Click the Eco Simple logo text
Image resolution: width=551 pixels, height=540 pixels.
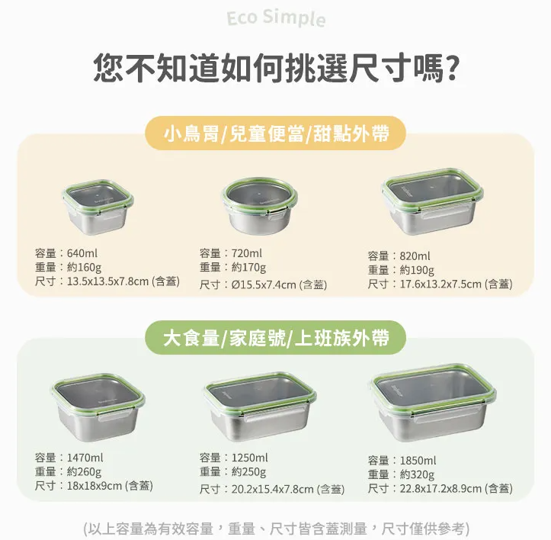coord(276,18)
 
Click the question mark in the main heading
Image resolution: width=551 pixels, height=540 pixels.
coord(450,68)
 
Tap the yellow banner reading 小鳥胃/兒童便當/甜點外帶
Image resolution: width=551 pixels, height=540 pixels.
coord(276,133)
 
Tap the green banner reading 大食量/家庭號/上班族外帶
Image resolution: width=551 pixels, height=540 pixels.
coord(276,338)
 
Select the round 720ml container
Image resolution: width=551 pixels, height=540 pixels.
coord(260,205)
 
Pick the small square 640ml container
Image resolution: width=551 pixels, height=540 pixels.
coord(98,207)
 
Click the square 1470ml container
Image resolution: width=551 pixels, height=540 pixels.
coord(98,407)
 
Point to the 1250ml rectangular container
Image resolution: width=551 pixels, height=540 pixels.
coord(260,406)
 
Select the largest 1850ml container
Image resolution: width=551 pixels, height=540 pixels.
coord(433,403)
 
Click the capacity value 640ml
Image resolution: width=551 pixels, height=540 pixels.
coord(82,253)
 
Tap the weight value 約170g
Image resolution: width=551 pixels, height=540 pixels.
coord(248,268)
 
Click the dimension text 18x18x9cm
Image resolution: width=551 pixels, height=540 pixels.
coord(95,486)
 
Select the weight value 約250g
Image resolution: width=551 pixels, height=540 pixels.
coord(248,472)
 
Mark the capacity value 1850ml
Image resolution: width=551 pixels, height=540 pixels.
coord(418,461)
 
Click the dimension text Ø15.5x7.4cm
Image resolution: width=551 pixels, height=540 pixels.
coord(264,284)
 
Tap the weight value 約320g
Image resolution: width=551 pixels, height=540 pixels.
coord(417,474)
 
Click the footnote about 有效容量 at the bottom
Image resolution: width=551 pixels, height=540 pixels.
coord(276,529)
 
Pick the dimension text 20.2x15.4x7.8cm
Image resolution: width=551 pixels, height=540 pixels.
coord(272,489)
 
